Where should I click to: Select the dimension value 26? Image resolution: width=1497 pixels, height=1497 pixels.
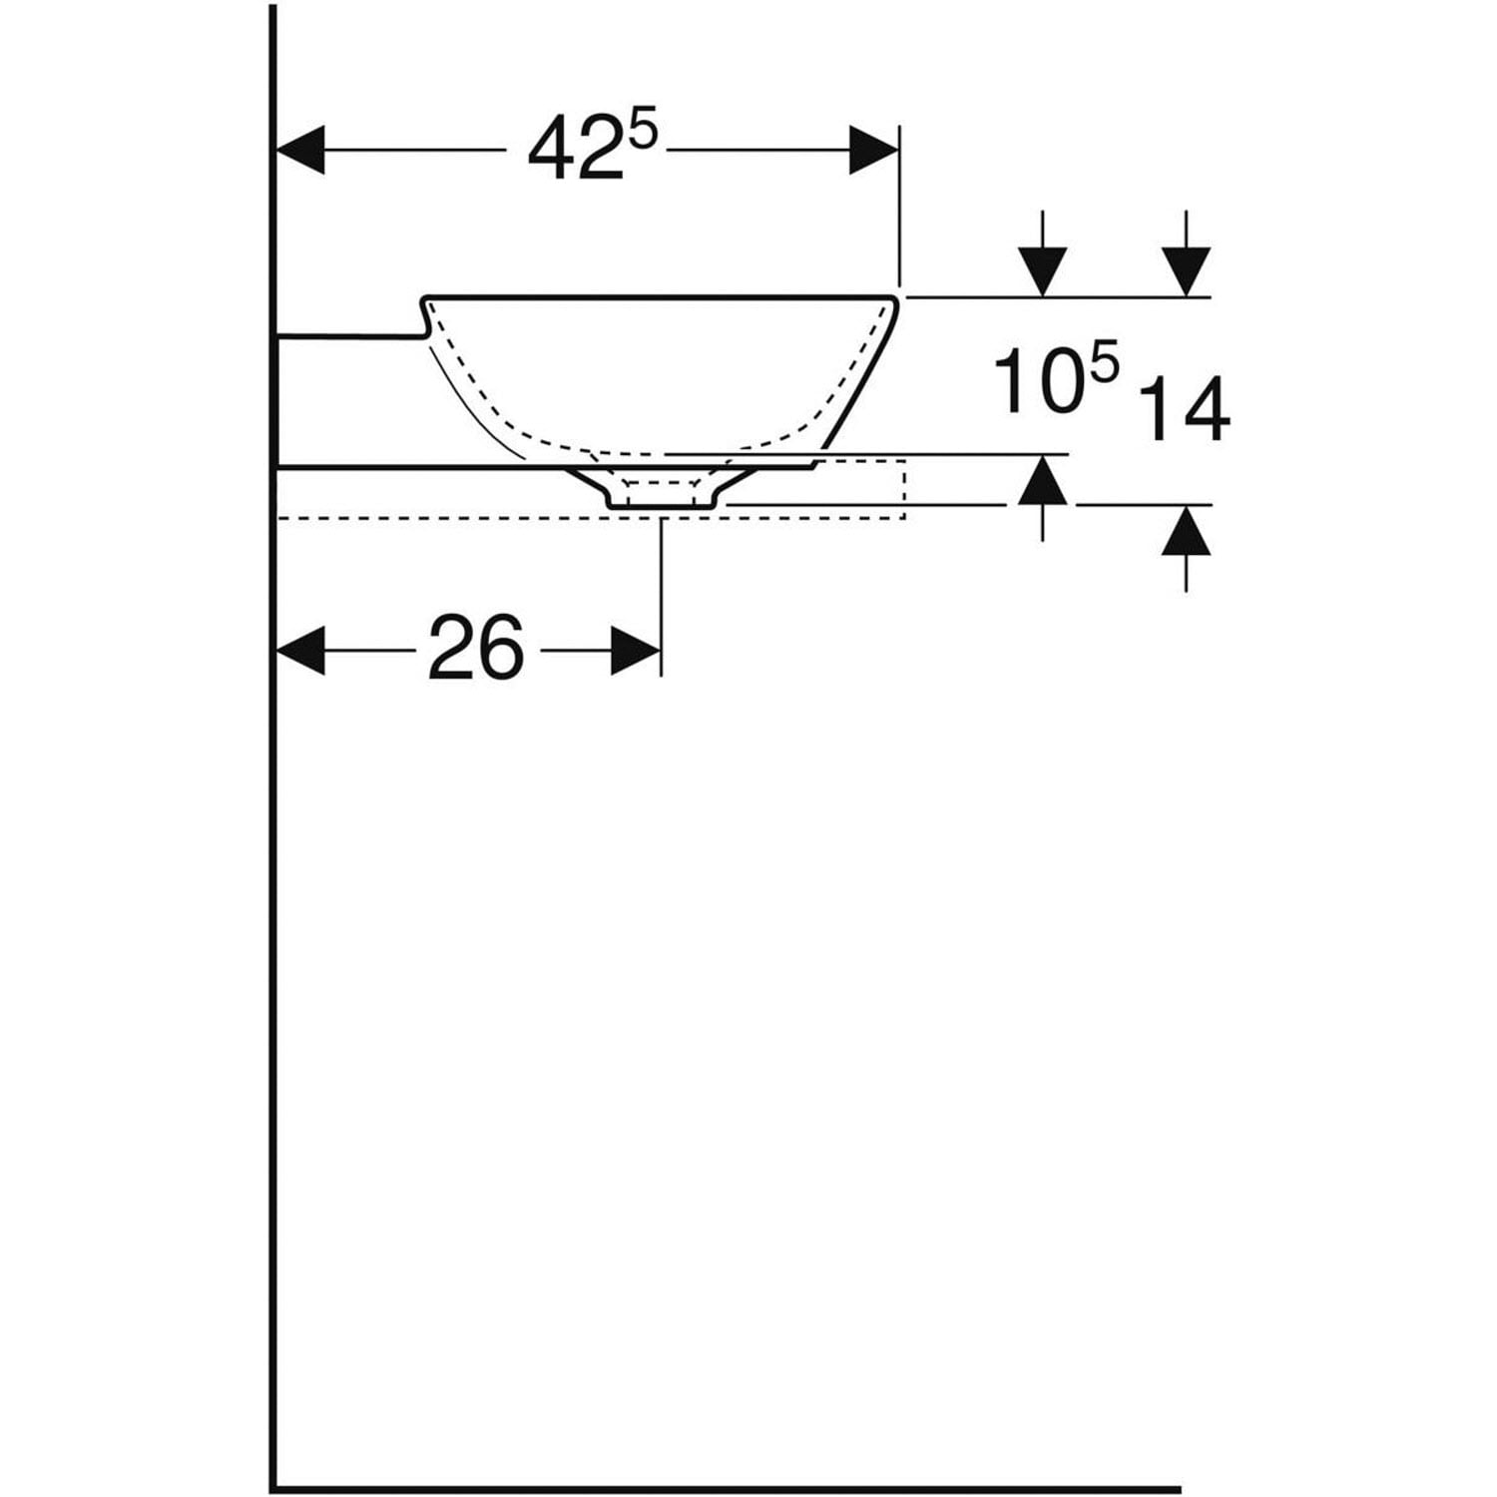coord(476,650)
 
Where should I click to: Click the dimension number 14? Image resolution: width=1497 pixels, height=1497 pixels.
coord(1186,410)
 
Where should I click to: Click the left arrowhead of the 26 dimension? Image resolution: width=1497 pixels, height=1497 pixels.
coord(300,651)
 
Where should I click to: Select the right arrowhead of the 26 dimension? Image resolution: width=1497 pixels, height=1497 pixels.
coord(635,651)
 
